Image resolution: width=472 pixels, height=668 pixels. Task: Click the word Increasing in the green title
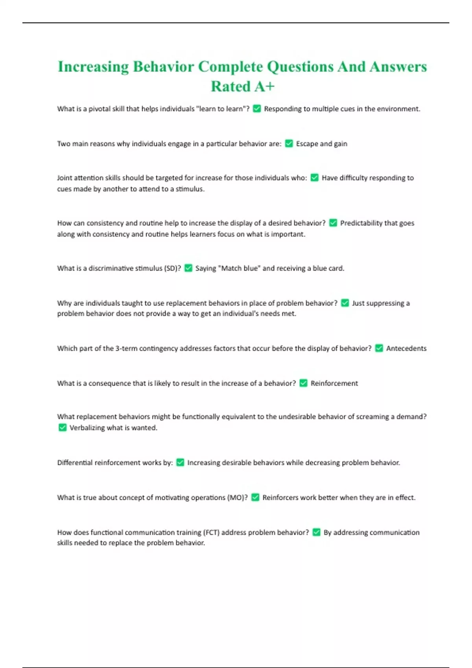[x=93, y=67]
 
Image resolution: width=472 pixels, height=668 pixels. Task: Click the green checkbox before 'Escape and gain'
[x=289, y=143]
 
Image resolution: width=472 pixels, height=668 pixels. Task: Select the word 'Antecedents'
[x=406, y=348]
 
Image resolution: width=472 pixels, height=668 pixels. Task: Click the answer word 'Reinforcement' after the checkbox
[x=334, y=383]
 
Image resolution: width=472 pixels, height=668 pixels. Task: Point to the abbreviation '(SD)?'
[x=172, y=268]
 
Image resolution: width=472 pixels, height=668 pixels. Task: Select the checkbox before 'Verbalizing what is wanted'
[x=62, y=428]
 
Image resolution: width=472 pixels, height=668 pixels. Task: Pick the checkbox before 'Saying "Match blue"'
[x=188, y=268]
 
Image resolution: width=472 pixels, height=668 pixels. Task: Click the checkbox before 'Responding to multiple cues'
[x=257, y=109]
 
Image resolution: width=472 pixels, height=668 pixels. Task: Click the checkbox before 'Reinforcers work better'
[x=255, y=497]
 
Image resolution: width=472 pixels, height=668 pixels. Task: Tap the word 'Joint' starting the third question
[x=65, y=178]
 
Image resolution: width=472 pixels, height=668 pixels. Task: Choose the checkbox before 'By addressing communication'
[x=316, y=532]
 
